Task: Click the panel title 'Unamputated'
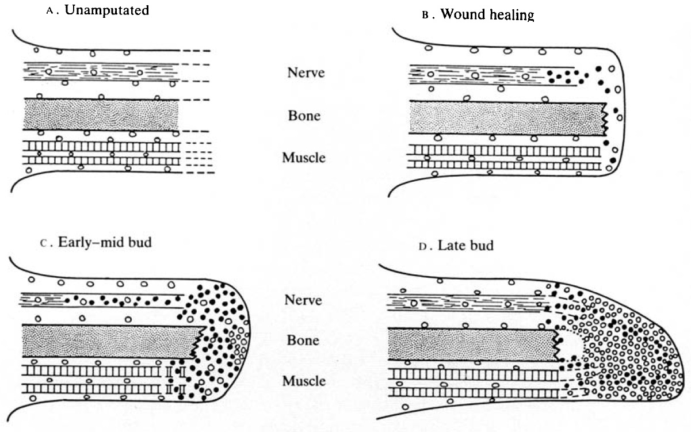click(x=108, y=11)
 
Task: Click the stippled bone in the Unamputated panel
click(x=101, y=115)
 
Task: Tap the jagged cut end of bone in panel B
click(x=604, y=120)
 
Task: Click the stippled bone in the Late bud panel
click(x=472, y=345)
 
